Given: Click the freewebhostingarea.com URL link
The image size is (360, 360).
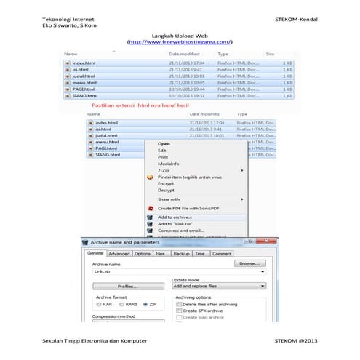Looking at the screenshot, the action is point(180,42).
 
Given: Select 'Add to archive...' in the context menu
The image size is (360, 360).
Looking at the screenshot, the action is point(175,217).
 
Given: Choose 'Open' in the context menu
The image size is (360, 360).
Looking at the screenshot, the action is point(164,143).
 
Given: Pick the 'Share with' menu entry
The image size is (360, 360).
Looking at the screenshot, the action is point(169,199).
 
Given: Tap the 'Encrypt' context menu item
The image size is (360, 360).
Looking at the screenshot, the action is point(166,183).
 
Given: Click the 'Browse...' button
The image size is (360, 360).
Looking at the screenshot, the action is point(249,263).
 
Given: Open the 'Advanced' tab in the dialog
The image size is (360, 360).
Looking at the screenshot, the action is point(119,254).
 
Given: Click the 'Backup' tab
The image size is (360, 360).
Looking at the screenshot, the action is point(181,254).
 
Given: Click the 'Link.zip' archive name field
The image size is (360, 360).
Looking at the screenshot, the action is point(175,271).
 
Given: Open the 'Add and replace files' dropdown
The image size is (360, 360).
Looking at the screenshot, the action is point(218,287).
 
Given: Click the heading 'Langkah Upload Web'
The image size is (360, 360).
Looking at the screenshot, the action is point(180,35).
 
